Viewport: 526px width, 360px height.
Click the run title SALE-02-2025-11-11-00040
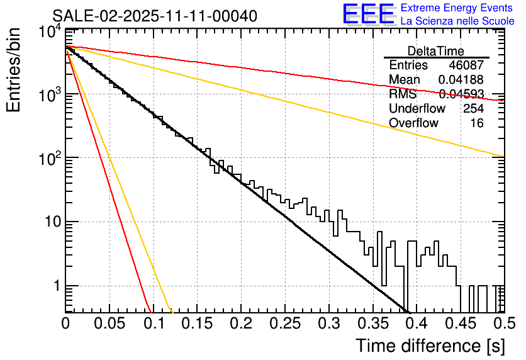(154, 16)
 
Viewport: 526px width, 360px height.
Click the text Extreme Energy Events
(457, 8)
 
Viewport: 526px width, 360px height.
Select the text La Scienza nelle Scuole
(457, 21)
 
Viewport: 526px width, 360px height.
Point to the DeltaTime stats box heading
(435, 51)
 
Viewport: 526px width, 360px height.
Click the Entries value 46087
(466, 65)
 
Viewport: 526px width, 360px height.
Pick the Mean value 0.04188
(461, 80)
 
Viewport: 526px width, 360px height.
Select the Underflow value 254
(473, 109)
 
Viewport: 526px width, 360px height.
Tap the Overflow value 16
(477, 123)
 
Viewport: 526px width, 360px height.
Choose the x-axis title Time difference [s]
(430, 346)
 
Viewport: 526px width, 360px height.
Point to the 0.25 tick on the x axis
(284, 324)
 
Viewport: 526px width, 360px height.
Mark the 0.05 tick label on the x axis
(109, 324)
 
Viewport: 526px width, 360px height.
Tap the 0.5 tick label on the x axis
(502, 324)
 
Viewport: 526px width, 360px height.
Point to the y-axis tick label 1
(56, 286)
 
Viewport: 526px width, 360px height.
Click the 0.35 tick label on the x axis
(372, 324)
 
